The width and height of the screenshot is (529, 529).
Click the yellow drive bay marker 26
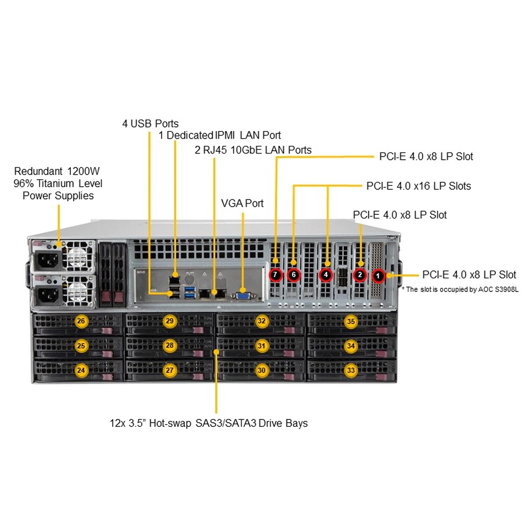[81, 321]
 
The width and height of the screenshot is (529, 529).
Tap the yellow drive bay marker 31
[261, 345]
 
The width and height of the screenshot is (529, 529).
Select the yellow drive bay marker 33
[351, 370]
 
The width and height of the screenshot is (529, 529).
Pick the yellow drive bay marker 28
[170, 345]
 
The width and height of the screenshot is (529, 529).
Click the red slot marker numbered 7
[276, 275]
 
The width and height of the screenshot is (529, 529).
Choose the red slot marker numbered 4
[326, 275]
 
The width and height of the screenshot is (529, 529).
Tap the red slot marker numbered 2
[360, 275]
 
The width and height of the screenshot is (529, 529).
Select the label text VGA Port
[242, 203]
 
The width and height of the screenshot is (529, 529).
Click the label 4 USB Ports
[150, 124]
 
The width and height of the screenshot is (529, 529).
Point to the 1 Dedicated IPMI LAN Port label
[220, 135]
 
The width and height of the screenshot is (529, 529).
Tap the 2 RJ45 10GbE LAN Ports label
[253, 150]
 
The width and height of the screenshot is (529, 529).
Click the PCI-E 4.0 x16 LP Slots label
[418, 186]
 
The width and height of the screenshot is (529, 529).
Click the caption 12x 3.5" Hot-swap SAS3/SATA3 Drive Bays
[208, 423]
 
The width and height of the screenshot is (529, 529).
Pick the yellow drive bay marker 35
[351, 321]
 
